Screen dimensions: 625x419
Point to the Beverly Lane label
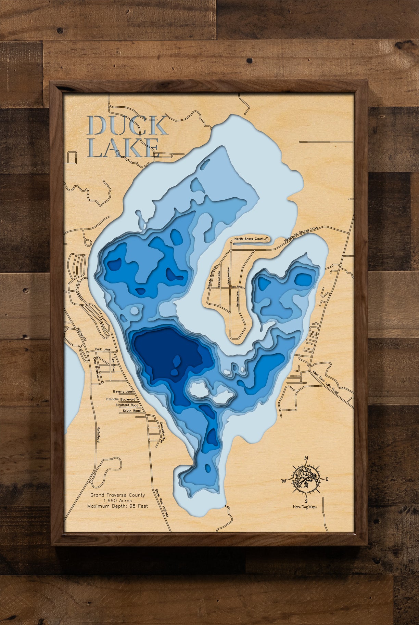tap(123, 392)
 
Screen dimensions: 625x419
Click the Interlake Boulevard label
tap(120, 399)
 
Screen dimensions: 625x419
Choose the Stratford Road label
tap(127, 405)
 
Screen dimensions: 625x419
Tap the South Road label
tap(132, 411)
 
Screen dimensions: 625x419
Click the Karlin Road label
tap(98, 434)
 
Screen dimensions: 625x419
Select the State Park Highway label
tap(162, 503)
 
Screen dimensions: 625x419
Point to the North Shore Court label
tap(249, 238)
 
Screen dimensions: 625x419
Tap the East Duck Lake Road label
tap(325, 382)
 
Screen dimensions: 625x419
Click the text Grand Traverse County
tap(117, 495)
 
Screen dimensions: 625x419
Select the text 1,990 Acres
tap(117, 500)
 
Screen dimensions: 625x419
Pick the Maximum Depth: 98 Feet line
tap(117, 506)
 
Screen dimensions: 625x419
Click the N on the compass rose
tap(306, 458)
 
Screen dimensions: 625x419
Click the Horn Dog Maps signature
tap(305, 507)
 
